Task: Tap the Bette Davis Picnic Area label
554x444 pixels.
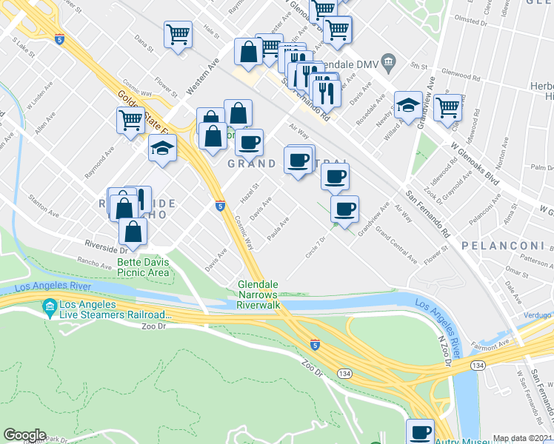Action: pos(143,267)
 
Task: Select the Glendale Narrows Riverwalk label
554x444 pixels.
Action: pos(258,295)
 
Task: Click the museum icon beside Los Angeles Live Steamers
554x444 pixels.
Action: pos(50,306)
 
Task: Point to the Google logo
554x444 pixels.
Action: pos(24,435)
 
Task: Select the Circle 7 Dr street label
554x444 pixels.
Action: pos(316,246)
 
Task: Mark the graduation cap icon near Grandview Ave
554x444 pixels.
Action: pos(408,106)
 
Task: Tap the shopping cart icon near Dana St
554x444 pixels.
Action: pos(178,34)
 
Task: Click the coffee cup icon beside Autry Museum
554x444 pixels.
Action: pos(421,431)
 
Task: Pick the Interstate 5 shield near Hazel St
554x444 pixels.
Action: pos(220,205)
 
